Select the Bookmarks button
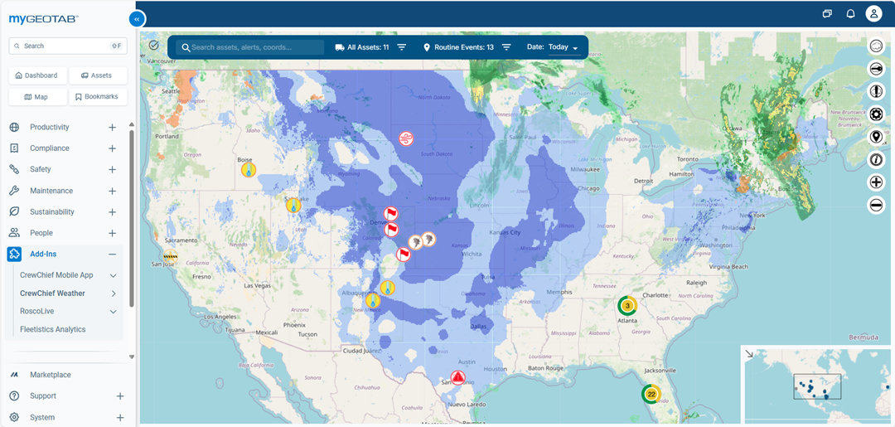pyautogui.click(x=97, y=97)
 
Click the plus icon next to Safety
pyautogui.click(x=112, y=170)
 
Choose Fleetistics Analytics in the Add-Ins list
pyautogui.click(x=53, y=329)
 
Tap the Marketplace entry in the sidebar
pyautogui.click(x=51, y=375)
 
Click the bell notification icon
pyautogui.click(x=850, y=13)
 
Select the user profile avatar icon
pyautogui.click(x=873, y=13)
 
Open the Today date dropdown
pyautogui.click(x=563, y=47)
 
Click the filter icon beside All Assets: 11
pyautogui.click(x=402, y=47)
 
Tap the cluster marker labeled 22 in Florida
pyautogui.click(x=651, y=394)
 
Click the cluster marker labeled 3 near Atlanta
pyautogui.click(x=627, y=305)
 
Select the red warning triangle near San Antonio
pyautogui.click(x=457, y=377)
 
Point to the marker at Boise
pyautogui.click(x=248, y=169)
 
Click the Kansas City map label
pyautogui.click(x=504, y=232)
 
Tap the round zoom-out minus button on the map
pyautogui.click(x=876, y=205)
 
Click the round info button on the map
pyautogui.click(x=876, y=160)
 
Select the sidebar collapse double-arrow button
pyautogui.click(x=137, y=19)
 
